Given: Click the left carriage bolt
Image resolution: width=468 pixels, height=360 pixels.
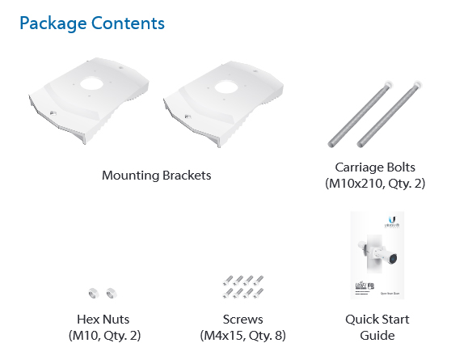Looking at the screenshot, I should click(x=356, y=114).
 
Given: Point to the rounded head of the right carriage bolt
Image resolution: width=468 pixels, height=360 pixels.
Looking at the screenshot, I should click(x=415, y=84).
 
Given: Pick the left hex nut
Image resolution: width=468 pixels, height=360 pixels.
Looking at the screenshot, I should click(x=93, y=293).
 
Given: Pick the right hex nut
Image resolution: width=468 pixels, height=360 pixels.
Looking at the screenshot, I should click(x=112, y=293).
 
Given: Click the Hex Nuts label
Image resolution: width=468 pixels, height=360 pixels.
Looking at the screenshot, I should click(x=102, y=320).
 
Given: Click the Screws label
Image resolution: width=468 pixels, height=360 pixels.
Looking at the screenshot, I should click(x=242, y=320).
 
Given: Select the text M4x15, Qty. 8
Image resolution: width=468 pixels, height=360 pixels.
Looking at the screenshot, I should click(x=242, y=335).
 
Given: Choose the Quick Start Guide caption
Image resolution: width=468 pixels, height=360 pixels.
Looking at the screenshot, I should click(x=377, y=327).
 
